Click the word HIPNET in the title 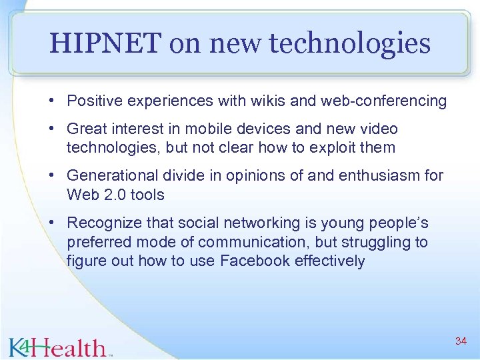click(105, 44)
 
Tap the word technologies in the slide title click(349, 44)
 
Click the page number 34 click(461, 341)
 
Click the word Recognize click(103, 223)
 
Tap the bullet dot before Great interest click(51, 129)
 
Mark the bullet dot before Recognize click(51, 223)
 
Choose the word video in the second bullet click(377, 129)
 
